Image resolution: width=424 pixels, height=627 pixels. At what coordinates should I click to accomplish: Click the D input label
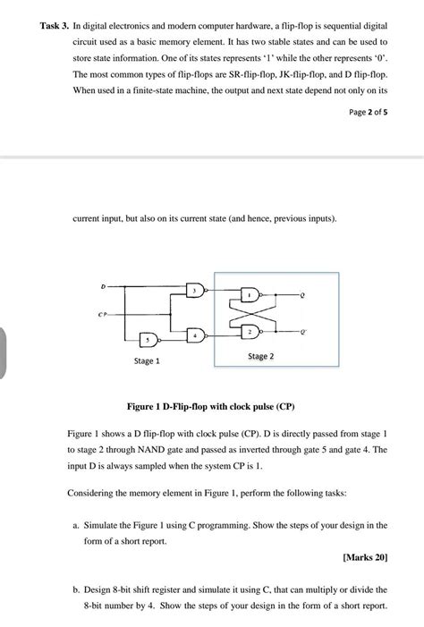pyautogui.click(x=103, y=286)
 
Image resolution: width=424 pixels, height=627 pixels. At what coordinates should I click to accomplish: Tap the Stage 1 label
pyautogui.click(x=147, y=361)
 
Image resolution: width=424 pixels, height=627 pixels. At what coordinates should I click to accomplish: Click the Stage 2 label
pyautogui.click(x=260, y=355)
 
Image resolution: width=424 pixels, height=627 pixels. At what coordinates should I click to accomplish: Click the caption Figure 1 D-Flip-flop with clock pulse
pyautogui.click(x=211, y=405)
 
